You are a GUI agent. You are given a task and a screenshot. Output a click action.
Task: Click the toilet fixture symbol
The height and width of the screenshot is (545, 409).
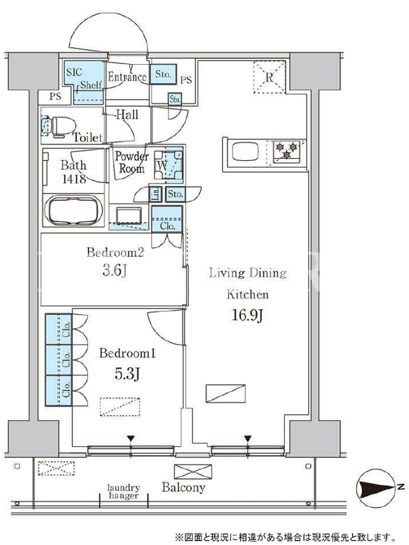[59, 126]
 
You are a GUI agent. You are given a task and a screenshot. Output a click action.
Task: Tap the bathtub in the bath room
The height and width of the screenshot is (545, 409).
[74, 211]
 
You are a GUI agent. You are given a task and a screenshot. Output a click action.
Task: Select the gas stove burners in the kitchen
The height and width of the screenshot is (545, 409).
[286, 151]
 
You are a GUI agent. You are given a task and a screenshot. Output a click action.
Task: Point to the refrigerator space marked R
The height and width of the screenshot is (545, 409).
[269, 77]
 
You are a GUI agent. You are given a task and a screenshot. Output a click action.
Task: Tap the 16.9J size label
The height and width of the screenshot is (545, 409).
[247, 315]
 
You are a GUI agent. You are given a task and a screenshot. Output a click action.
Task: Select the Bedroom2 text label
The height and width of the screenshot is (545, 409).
[115, 252]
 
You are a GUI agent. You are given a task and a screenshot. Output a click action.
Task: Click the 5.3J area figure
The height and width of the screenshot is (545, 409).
[127, 373]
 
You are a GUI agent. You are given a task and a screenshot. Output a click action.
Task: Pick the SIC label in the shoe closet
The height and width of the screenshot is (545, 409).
[74, 72]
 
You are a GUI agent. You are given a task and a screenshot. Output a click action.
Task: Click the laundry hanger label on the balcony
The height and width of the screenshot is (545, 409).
[123, 491]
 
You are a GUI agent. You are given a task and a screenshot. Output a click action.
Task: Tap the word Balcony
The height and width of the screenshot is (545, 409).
[183, 487]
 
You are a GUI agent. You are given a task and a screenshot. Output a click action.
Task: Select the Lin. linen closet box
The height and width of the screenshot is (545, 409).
[156, 194]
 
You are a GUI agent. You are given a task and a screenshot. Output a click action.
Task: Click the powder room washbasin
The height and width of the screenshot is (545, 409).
[129, 215]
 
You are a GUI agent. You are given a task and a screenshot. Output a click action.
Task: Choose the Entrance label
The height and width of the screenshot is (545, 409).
[127, 76]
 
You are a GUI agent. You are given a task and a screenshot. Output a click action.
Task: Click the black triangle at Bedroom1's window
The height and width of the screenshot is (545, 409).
[130, 439]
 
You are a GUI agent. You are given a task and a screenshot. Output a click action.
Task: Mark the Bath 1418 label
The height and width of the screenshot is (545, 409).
[74, 172]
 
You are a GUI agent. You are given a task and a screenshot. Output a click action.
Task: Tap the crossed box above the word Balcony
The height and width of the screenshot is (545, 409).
[193, 471]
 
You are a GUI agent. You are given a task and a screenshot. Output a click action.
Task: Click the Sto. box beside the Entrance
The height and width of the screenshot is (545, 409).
[163, 74]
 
